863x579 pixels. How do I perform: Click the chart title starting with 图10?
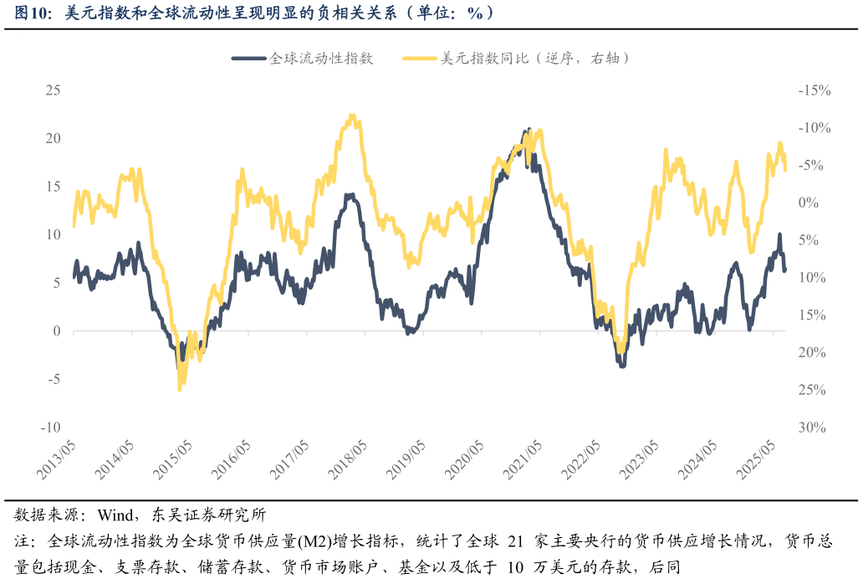click(251, 13)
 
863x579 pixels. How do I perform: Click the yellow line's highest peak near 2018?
click(352, 116)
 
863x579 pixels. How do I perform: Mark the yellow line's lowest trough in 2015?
click(180, 389)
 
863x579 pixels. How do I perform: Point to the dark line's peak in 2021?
click(528, 131)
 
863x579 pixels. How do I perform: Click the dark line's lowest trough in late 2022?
click(622, 366)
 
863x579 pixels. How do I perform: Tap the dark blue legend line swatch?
click(248, 59)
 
